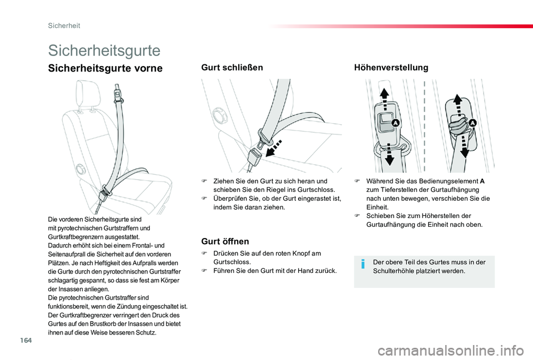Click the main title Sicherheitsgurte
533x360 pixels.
coord(104,50)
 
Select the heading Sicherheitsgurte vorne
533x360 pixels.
coord(105,68)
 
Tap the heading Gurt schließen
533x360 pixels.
coord(232,67)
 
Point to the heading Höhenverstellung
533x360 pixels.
coord(391,67)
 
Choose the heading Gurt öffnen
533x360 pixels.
coord(225,241)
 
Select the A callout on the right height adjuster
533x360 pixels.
coord(473,123)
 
